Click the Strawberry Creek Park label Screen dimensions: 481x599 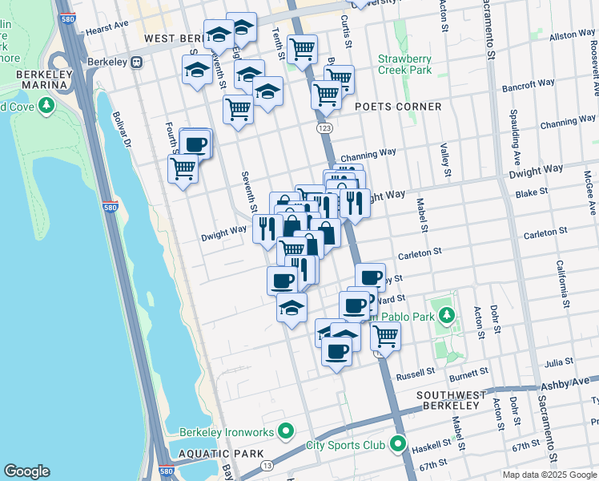(x=404, y=64)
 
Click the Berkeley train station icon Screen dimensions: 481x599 (x=137, y=61)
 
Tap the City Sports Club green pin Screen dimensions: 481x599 (x=398, y=444)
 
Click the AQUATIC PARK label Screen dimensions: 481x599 (x=211, y=454)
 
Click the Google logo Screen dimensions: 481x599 (x=26, y=471)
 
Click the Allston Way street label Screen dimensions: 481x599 (x=573, y=35)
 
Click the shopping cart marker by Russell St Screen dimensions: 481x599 (x=385, y=335)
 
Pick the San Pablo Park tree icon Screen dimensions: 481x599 (x=446, y=313)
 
